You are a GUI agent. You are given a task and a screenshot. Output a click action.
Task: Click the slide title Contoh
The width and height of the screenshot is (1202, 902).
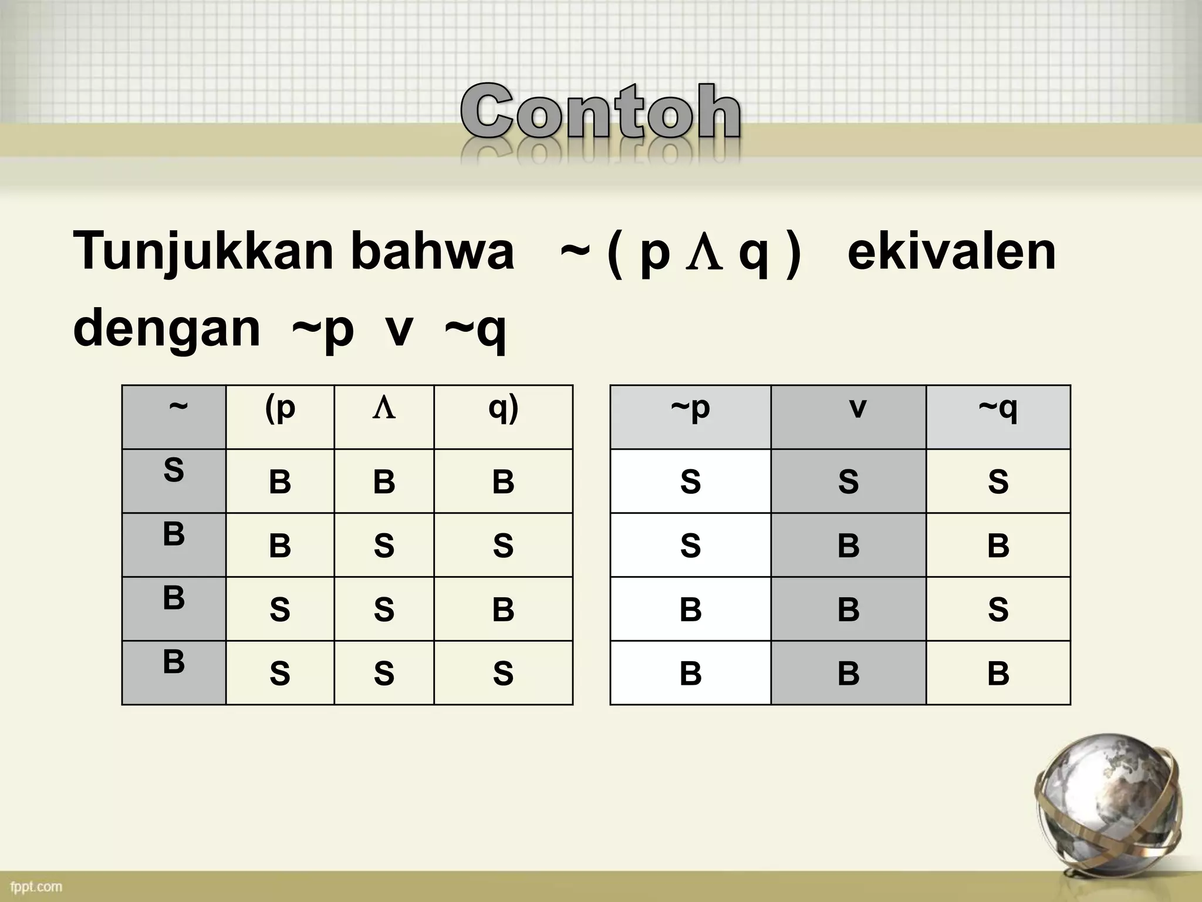pos(600,112)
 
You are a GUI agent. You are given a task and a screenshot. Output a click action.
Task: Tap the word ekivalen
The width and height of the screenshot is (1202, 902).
pos(951,251)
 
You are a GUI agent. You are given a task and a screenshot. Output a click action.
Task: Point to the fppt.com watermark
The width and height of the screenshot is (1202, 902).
pos(36,886)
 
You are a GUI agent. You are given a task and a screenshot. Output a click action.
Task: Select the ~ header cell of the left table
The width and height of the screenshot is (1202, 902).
pos(174,417)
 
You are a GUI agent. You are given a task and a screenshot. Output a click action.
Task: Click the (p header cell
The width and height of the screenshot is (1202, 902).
pos(280,417)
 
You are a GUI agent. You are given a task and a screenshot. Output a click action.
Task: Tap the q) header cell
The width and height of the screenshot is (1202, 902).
pos(503,417)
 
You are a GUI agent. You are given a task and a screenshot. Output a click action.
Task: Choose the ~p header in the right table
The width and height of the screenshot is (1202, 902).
pos(690,417)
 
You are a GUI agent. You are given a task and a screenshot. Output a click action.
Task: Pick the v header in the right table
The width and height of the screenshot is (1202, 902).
pos(849,417)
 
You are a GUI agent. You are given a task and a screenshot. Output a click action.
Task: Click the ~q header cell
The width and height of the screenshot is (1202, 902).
pos(998,417)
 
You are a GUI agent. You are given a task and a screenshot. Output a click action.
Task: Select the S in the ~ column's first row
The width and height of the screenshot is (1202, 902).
pos(174,471)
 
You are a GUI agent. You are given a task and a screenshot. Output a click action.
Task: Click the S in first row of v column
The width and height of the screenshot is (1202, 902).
pos(848,482)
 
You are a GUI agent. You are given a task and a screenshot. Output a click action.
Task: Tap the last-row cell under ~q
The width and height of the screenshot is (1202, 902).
pos(998,673)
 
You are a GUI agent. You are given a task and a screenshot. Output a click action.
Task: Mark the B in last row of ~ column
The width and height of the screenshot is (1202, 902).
pos(174,662)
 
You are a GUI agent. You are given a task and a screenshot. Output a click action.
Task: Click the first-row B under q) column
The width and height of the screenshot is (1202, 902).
pos(503,482)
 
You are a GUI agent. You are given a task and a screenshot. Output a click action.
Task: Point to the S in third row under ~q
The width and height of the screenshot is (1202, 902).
pos(998,609)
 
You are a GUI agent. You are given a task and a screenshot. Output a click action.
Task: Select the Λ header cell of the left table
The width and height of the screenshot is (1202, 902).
pos(384,417)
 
